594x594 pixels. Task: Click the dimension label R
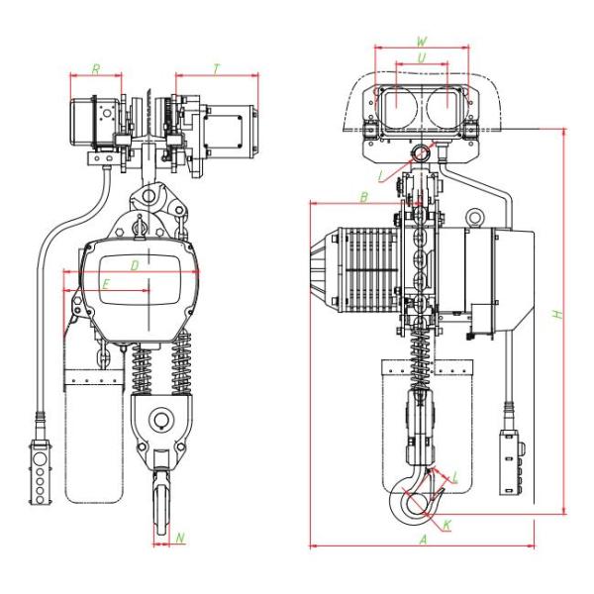tap(96, 69)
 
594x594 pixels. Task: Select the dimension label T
tap(216, 69)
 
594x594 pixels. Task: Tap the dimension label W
tap(422, 42)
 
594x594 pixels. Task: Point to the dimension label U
tap(422, 58)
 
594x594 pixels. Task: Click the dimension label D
tap(135, 266)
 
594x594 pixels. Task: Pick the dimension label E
tap(106, 284)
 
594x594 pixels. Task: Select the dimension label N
tap(180, 538)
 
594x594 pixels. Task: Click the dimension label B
tap(363, 197)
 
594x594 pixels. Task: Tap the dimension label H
tap(557, 314)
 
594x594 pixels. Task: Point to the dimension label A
tap(424, 540)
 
